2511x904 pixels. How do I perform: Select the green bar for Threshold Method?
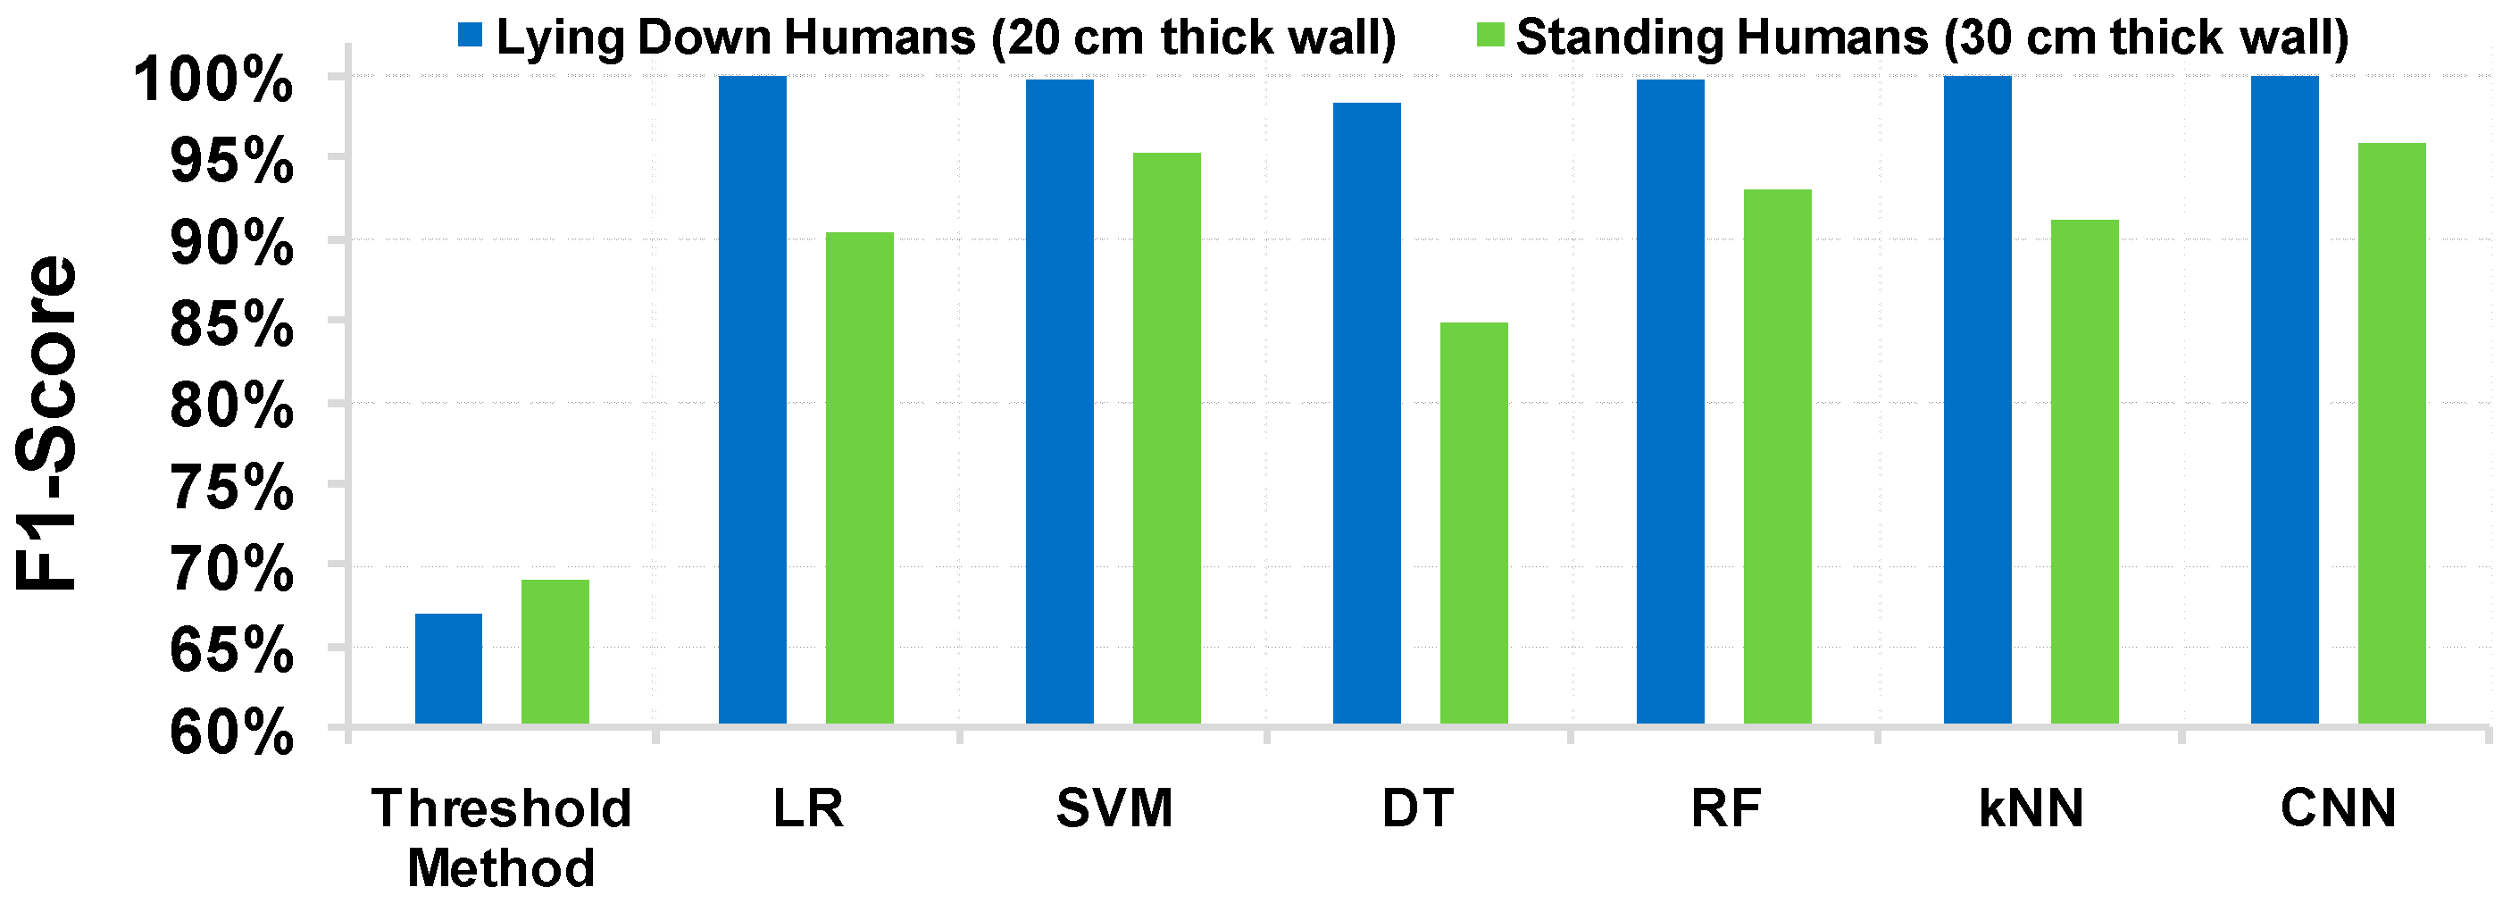555,651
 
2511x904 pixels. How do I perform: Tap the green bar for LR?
859,478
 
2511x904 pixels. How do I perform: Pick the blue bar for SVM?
1060,401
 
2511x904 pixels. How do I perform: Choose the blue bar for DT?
1366,413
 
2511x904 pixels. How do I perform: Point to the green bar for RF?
1777,456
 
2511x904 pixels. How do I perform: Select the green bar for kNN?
2084,471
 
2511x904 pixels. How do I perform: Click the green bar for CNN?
2391,433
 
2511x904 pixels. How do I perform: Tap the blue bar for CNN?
2284,399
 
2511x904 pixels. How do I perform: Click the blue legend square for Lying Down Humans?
470,36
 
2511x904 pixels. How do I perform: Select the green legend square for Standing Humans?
1490,36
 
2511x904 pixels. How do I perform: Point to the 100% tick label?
213,80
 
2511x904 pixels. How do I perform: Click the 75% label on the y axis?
231,487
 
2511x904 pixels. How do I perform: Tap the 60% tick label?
231,732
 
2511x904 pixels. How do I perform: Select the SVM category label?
1114,808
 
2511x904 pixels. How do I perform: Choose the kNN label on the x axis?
2031,808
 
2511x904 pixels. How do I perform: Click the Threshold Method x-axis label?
501,838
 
